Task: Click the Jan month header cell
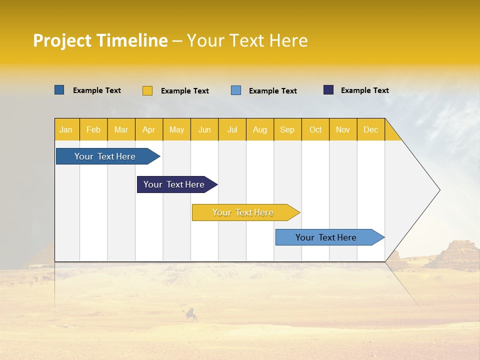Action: pos(66,129)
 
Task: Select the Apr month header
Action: pos(149,129)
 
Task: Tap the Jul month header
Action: pos(232,129)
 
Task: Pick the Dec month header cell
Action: pos(370,129)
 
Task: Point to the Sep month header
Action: pos(287,129)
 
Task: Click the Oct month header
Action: pos(315,129)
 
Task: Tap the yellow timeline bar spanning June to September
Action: pos(243,212)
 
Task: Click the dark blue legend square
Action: pos(59,90)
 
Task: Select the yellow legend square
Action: pos(147,90)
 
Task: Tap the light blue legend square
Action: pos(236,90)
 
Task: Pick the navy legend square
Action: pos(328,90)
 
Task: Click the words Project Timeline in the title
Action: pos(100,40)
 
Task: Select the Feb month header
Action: pos(93,129)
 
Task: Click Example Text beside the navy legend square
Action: pos(364,90)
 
